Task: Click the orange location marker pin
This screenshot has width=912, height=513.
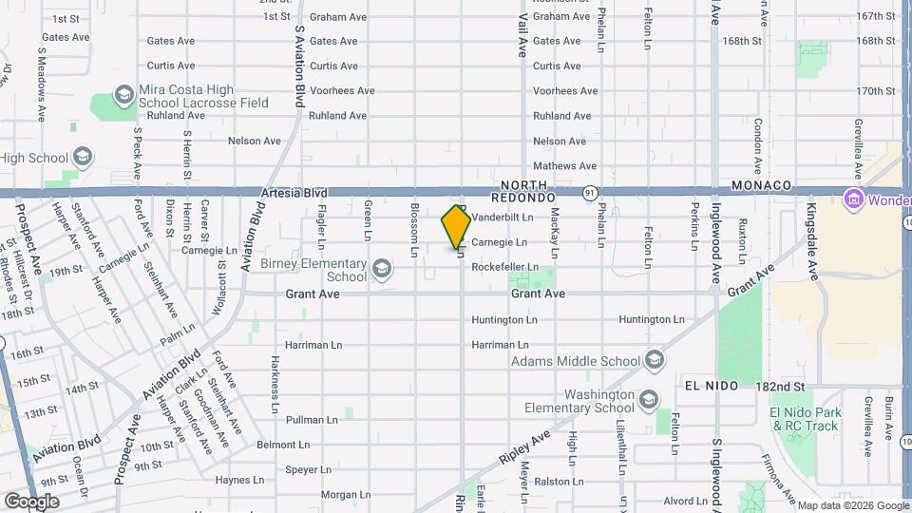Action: coord(456,227)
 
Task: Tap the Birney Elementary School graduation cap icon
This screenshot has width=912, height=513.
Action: coord(381,270)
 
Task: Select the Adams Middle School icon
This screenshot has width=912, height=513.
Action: coord(654,360)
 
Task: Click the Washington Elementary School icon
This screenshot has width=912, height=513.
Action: coord(649,400)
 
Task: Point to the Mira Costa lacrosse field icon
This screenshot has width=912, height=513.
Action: coord(123,95)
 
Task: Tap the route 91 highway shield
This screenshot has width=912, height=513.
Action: coord(590,192)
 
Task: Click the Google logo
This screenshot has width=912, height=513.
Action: coord(31,501)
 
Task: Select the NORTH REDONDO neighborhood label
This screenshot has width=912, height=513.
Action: coord(522,191)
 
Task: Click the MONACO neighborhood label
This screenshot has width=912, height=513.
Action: coord(762,184)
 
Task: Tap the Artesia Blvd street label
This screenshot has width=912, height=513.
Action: coord(294,192)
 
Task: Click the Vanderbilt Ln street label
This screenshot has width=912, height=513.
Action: coord(503,218)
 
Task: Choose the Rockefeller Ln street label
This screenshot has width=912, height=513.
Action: coord(505,267)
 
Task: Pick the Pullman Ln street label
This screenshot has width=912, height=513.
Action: coord(312,419)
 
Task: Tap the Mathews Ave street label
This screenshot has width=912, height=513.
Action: coord(565,165)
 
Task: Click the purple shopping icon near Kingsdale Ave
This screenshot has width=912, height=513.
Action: coord(852,200)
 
